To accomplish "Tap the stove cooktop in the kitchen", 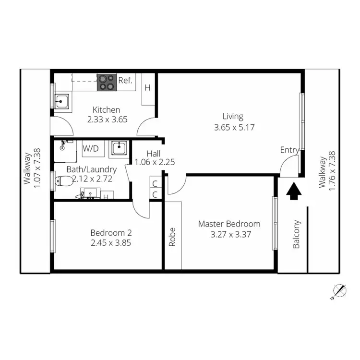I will point(107,82).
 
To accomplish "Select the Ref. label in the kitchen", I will point(126,80).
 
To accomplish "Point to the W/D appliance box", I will point(90,148).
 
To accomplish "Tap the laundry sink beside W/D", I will point(118,148).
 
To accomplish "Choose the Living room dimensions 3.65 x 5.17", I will point(233,128).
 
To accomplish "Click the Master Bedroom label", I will point(229,224).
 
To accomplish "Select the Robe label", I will point(172,237).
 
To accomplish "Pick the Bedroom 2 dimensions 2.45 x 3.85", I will point(111,243).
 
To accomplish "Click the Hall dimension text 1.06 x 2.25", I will point(154,162).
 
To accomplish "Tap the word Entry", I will point(289,150).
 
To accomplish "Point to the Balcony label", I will point(296,234).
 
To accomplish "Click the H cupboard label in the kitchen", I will point(147,88).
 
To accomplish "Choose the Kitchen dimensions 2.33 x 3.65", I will point(107,120).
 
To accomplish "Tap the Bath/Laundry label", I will point(92,169).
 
